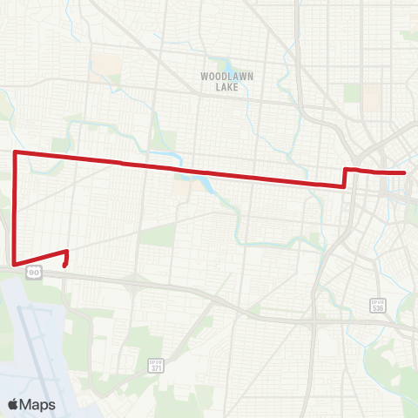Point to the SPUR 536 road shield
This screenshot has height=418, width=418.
point(376,307)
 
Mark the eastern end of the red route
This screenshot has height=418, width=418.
point(406,172)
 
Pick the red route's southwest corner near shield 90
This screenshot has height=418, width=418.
point(16,261)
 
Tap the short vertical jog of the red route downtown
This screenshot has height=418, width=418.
point(346,177)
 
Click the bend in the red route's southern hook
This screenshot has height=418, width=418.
point(67,252)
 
